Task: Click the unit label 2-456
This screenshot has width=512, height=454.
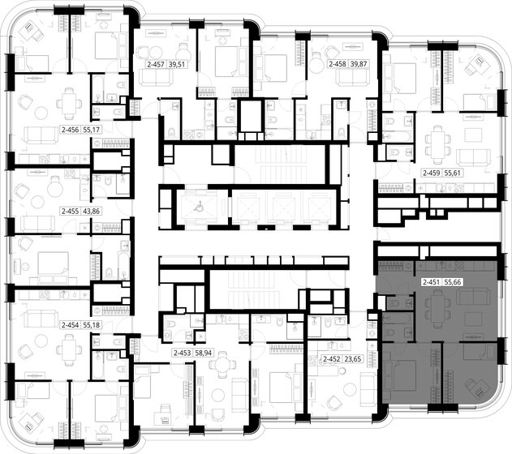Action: (71, 130)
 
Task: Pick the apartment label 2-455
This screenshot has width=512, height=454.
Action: (71, 211)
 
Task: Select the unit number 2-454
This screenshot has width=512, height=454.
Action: (71, 324)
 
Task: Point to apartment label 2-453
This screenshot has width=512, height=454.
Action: (182, 353)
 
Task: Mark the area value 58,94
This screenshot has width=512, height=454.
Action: (204, 353)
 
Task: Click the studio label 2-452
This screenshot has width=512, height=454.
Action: (332, 358)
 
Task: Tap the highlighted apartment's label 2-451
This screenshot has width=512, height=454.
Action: (432, 282)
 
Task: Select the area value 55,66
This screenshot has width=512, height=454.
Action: (454, 282)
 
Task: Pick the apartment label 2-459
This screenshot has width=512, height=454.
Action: (432, 173)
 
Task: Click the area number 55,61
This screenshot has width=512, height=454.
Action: (454, 173)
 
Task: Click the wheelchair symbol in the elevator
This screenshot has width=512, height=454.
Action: (198, 204)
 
